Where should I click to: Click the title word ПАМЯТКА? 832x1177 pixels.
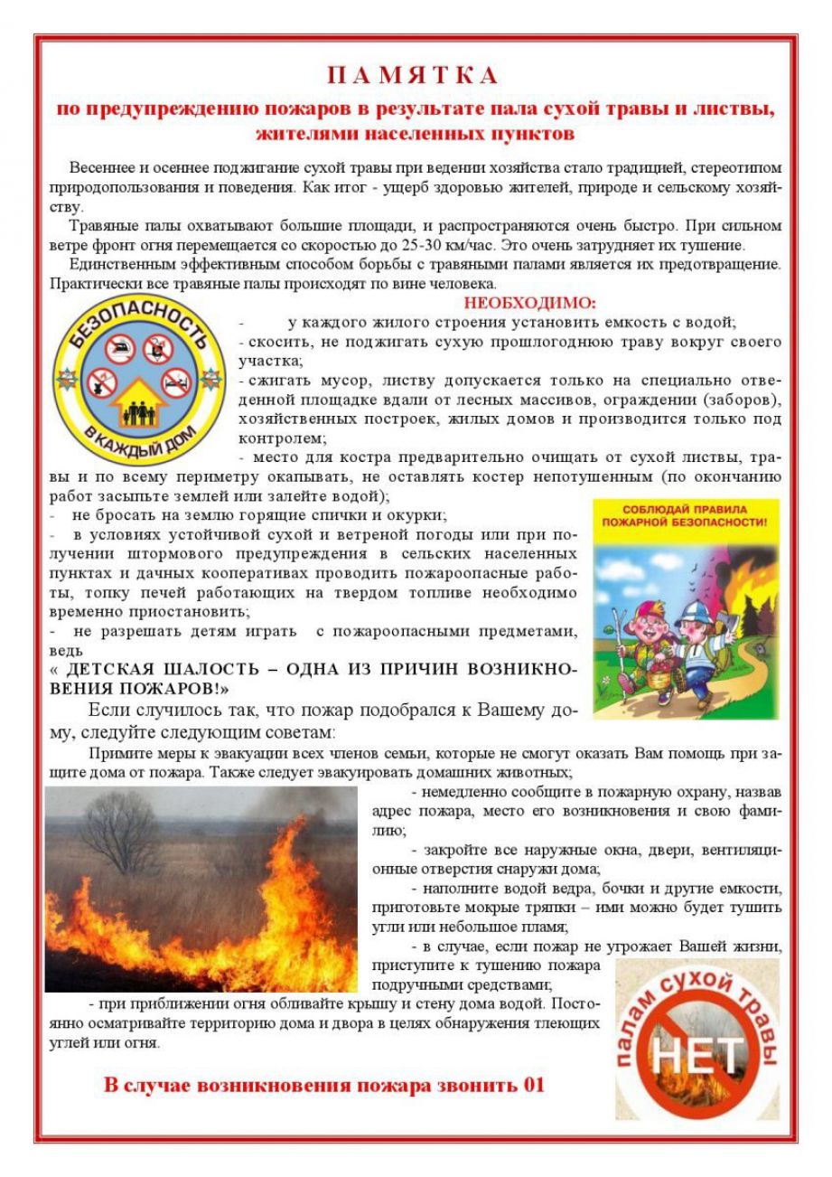pyautogui.click(x=413, y=75)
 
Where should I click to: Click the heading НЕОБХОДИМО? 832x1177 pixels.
pyautogui.click(x=529, y=303)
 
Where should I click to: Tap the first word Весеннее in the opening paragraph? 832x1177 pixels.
pyautogui.click(x=100, y=169)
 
